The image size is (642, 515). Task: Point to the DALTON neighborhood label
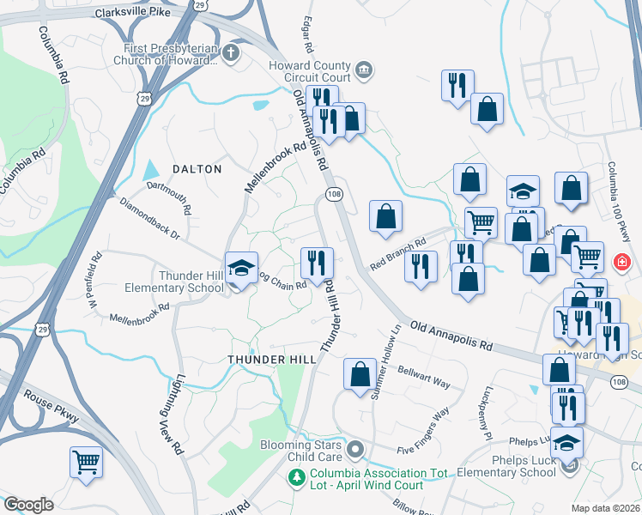[198, 169]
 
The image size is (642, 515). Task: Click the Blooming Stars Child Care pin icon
[356, 449]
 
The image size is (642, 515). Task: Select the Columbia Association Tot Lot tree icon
[297, 477]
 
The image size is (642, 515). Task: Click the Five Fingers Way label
[424, 431]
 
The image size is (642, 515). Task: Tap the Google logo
[29, 504]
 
